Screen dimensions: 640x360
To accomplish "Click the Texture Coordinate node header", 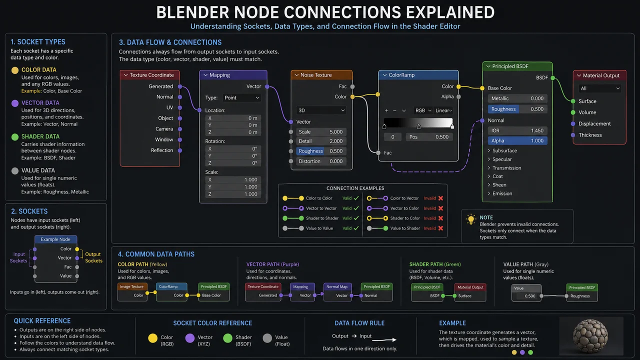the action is tap(150, 75).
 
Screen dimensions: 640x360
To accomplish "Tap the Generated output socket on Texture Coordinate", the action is tap(179, 86).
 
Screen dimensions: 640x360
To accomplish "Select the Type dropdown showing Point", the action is tap(241, 97).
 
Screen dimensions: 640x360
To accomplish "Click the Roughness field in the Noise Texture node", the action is tap(321, 151).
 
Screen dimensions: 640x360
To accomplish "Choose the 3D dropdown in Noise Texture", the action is tap(321, 110).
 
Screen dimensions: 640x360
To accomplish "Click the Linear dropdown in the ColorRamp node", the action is tap(443, 110).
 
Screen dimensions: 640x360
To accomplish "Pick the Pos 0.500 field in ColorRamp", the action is tap(429, 137).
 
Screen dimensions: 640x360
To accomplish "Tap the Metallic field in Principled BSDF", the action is tap(517, 98).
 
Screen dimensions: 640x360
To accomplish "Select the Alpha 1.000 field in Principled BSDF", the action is tap(517, 140).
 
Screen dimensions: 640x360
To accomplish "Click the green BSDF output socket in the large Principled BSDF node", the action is tap(552, 77).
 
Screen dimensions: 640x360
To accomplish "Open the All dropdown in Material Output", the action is tap(599, 88).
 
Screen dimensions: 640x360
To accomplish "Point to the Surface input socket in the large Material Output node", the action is tap(573, 101).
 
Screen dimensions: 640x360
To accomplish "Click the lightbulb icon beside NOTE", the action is tap(470, 219).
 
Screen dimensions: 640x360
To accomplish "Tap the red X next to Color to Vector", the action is tap(441, 198).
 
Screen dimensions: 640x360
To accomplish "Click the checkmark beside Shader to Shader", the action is tap(356, 218).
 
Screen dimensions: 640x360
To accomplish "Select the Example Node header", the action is tap(55, 239).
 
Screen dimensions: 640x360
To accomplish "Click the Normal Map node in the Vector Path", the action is tap(337, 291).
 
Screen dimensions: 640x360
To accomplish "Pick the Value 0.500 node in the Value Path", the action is tap(526, 292).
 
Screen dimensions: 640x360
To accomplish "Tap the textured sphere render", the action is tap(590, 336).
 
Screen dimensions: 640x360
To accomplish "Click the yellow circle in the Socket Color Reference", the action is tap(153, 338).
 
